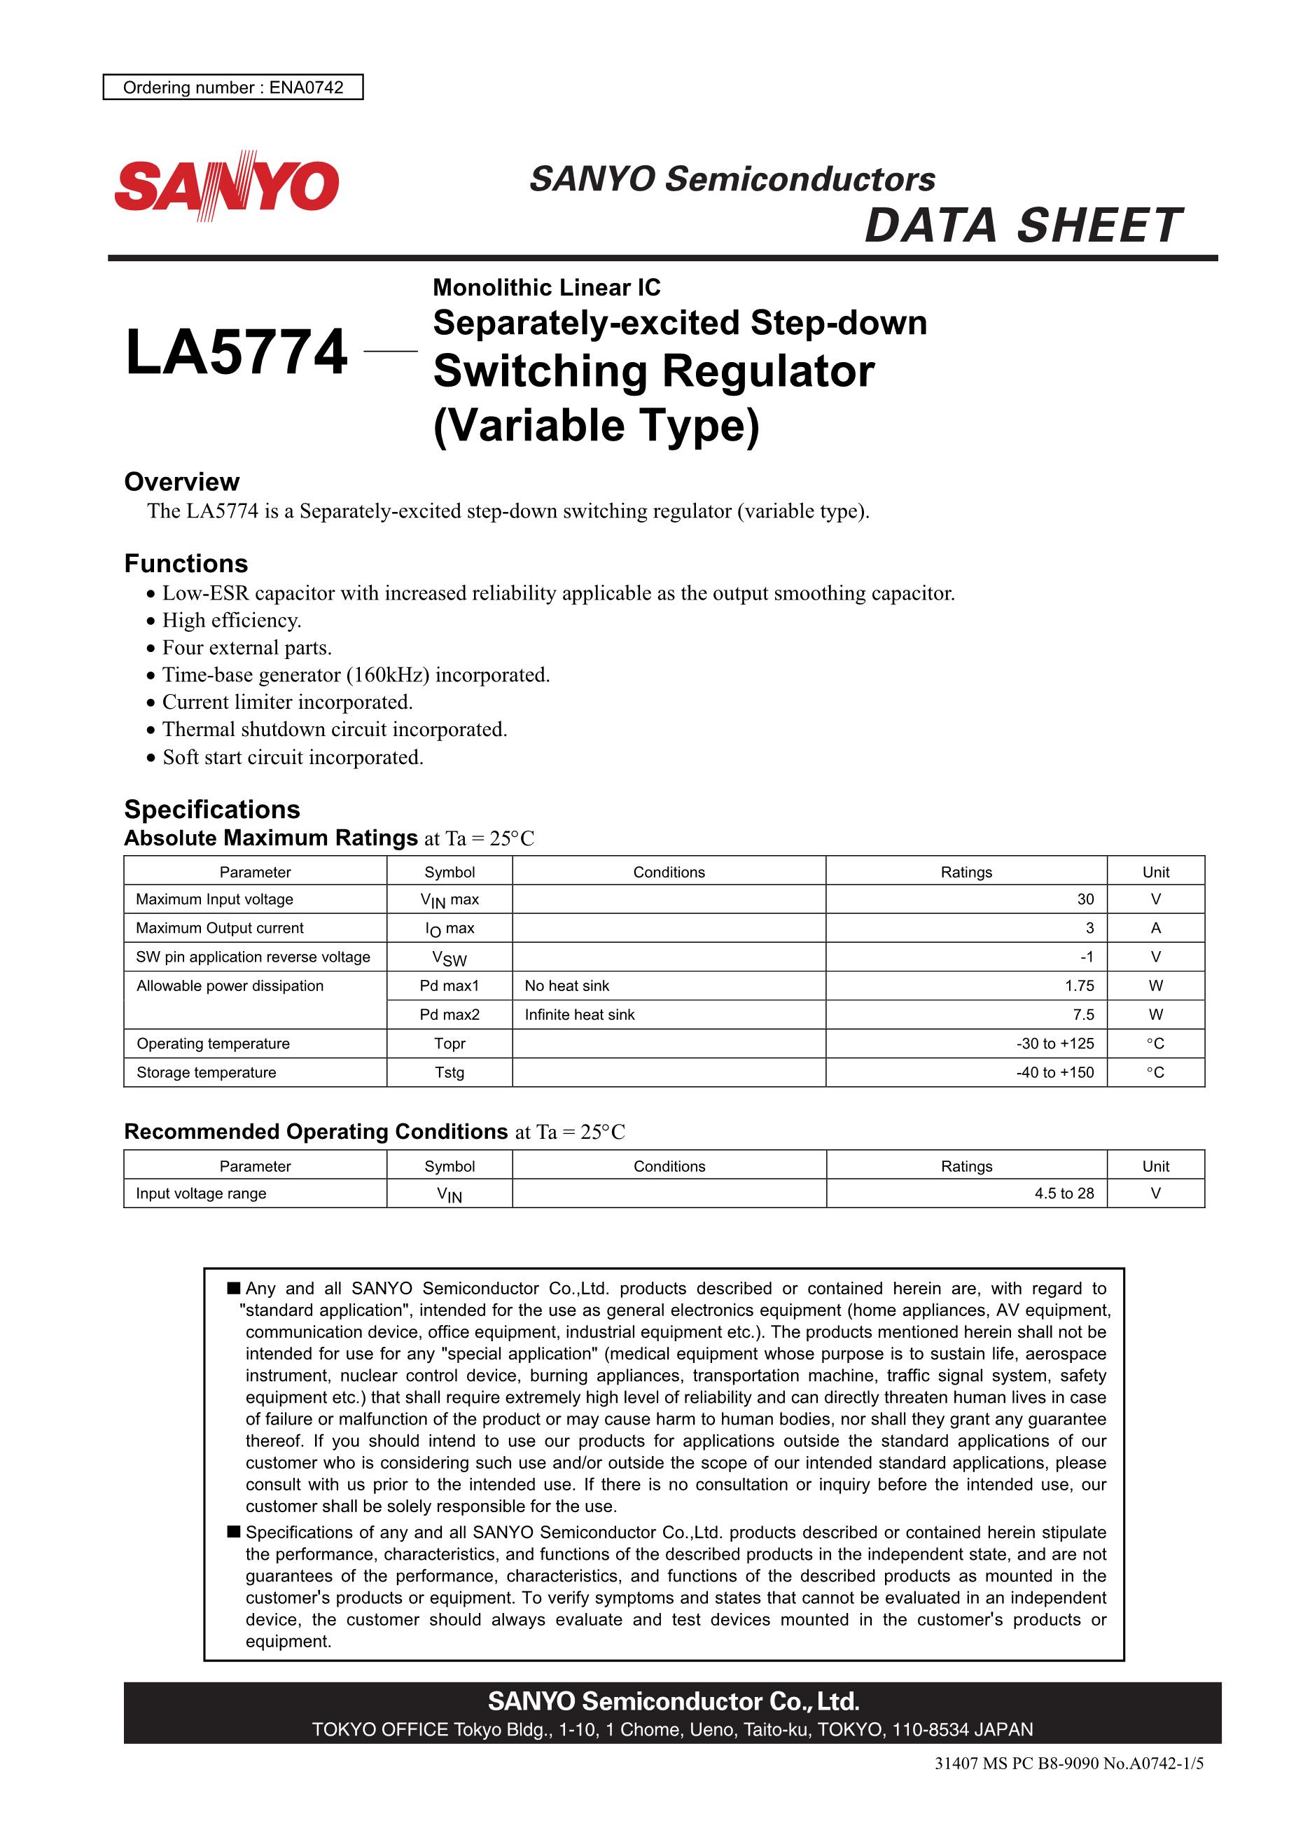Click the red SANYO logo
[227, 186]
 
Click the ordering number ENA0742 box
[232, 87]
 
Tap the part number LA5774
[237, 352]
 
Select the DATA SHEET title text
[1022, 226]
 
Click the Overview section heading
[181, 482]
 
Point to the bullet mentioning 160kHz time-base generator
[356, 675]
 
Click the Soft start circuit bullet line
[293, 758]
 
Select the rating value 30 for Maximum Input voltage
[1085, 899]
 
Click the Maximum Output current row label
[220, 928]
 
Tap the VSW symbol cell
[449, 957]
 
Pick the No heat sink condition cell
[566, 986]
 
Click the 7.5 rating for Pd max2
[1083, 1015]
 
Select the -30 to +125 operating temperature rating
[1054, 1044]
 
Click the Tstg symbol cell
[449, 1072]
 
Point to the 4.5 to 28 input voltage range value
[1064, 1193]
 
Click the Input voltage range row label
[200, 1193]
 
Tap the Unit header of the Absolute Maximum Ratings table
[1155, 872]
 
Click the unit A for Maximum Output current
[1155, 928]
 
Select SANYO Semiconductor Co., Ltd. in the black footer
[673, 1701]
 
